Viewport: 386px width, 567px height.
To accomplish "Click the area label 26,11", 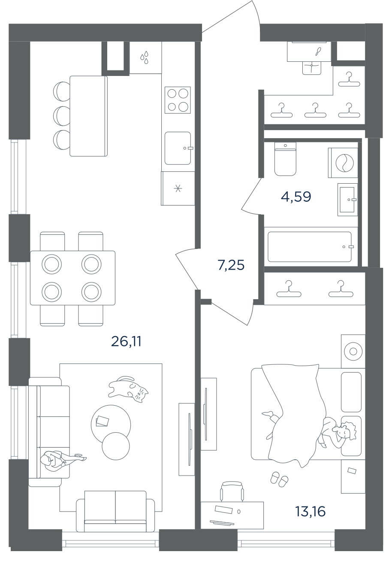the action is (x=126, y=342).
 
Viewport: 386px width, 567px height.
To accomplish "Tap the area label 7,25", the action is (x=231, y=265).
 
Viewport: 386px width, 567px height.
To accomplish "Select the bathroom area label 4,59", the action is (x=296, y=197).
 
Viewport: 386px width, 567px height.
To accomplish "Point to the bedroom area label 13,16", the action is (x=311, y=511).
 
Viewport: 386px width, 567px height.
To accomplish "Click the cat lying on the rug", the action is (x=128, y=389).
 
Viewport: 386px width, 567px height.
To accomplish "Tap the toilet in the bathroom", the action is (x=285, y=159).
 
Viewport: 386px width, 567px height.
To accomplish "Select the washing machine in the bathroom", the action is (x=343, y=163).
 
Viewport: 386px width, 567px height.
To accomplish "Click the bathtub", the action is (x=310, y=247).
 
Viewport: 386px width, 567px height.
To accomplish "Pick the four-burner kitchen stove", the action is (x=178, y=100).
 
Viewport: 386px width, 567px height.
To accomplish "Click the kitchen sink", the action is (x=178, y=148).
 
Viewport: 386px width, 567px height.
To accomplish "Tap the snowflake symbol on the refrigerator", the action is (x=178, y=188).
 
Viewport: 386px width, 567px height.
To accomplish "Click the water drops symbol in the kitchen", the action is (x=145, y=58).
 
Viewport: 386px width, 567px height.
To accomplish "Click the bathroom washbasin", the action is (x=347, y=200).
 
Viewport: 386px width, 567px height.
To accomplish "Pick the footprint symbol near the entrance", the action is (x=317, y=52).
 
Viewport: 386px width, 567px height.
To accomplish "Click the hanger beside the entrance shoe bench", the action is (x=349, y=79).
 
